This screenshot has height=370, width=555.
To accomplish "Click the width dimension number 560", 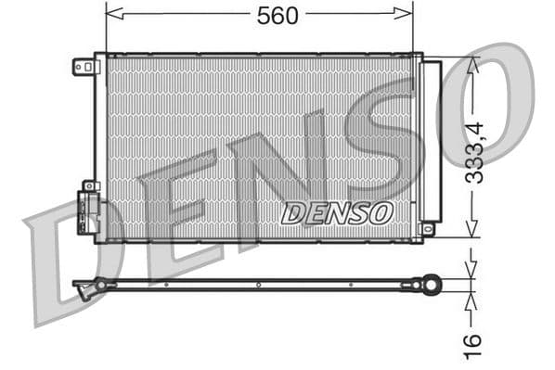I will [x=278, y=15].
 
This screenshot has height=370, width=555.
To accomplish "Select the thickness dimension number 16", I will [x=474, y=340].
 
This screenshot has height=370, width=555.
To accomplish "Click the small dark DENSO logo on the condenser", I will [x=336, y=213].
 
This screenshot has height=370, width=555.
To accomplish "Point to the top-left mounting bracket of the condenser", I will [x=84, y=66].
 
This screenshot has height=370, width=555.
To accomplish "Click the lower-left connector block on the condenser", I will [x=87, y=212].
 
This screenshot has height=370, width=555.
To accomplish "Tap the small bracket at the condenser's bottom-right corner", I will [x=427, y=227].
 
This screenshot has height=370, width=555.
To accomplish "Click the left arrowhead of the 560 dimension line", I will [x=111, y=13].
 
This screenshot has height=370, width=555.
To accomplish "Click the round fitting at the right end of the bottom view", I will [x=430, y=284].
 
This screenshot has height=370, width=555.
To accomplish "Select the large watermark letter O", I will [x=487, y=102].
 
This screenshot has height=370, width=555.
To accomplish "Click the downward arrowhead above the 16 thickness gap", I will [x=473, y=272].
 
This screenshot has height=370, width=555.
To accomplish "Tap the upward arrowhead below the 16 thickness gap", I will [x=473, y=299].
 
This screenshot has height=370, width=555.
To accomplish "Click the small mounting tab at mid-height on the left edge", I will [x=89, y=185].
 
